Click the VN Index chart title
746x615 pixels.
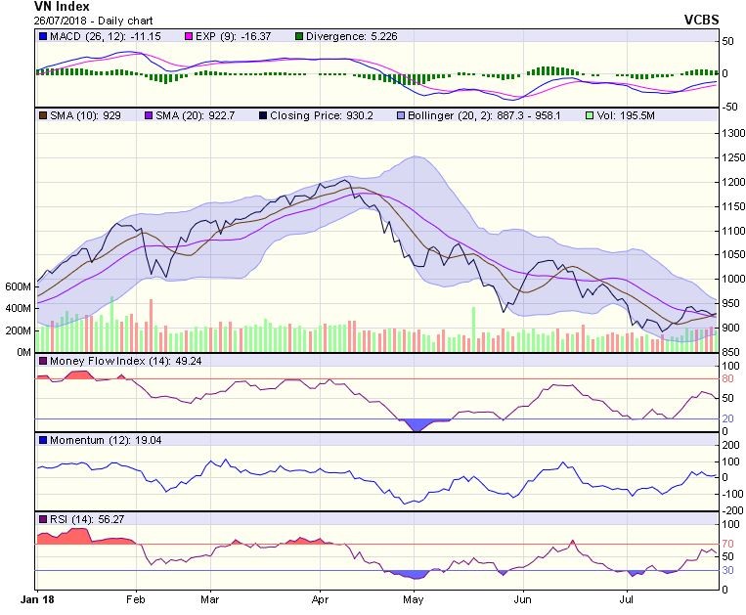point(62,7)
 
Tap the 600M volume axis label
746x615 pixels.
point(19,287)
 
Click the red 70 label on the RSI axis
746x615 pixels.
point(727,544)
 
